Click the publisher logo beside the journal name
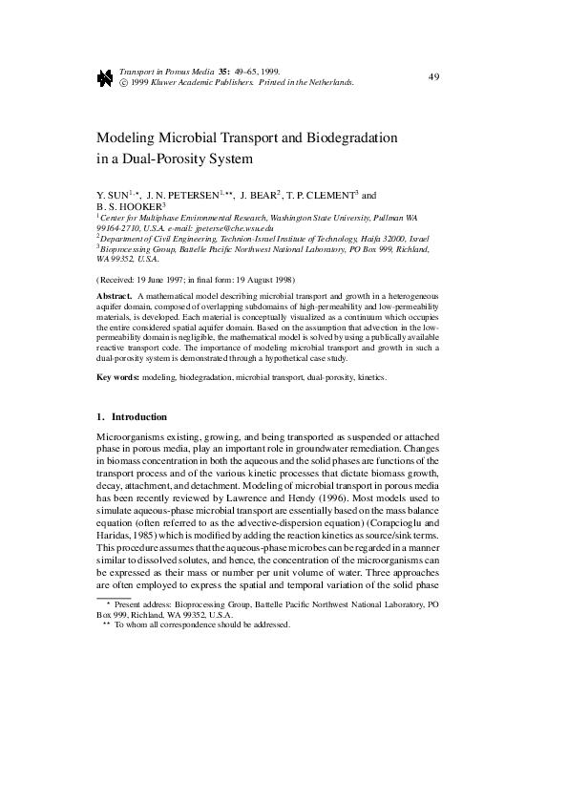[x=106, y=78]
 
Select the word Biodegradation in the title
[x=350, y=138]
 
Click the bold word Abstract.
[x=114, y=297]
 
